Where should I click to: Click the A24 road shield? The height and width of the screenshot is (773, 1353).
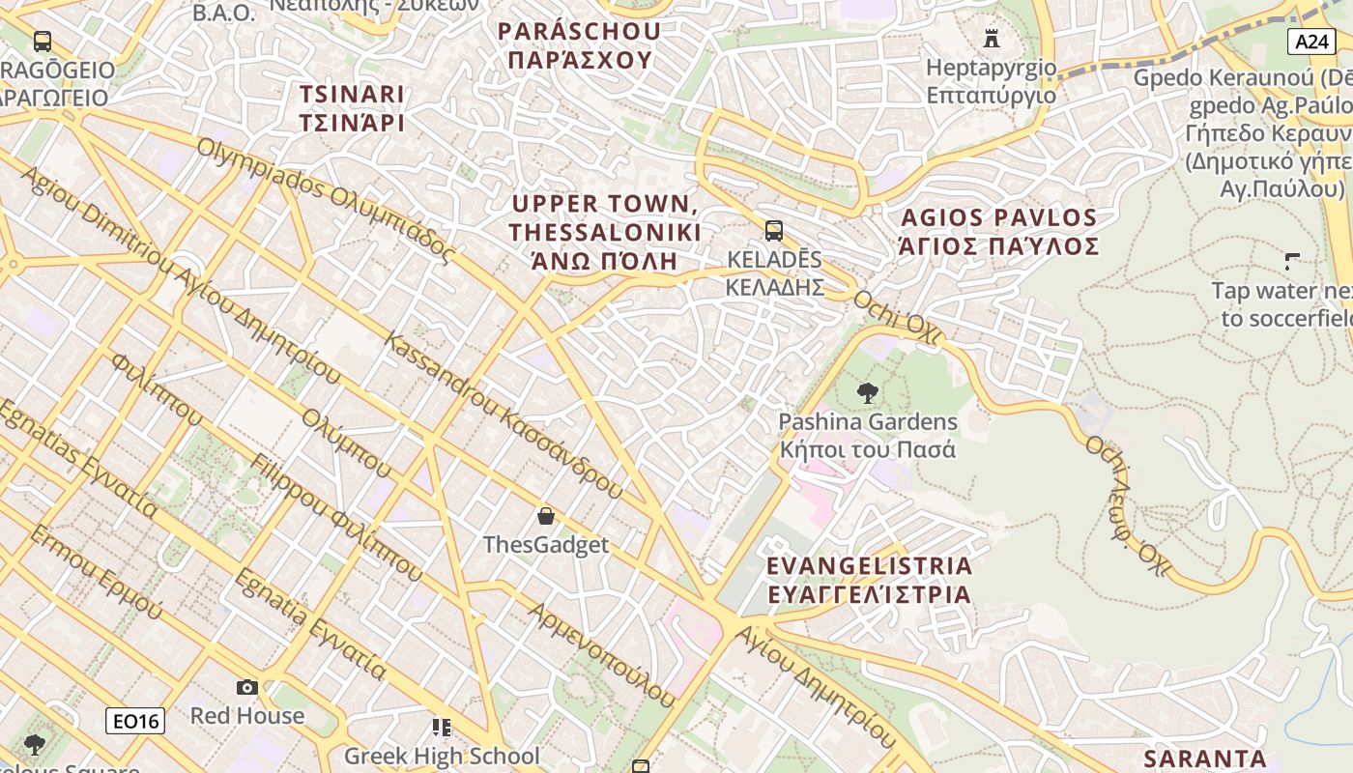coord(1311,41)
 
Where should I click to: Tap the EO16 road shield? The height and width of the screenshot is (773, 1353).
coord(135,720)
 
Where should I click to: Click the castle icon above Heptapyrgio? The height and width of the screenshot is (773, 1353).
coord(991,39)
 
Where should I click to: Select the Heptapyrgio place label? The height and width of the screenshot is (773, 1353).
coord(991,81)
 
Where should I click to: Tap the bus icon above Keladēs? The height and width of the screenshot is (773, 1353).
coord(773,230)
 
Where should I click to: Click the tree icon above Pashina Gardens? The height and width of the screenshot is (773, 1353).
coord(868,392)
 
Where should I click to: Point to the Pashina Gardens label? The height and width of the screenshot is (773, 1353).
coord(868,436)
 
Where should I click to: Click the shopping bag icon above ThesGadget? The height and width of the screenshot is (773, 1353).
coord(546,516)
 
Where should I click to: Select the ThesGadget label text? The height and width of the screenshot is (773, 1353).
coord(546,545)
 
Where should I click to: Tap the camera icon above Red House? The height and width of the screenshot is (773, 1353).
coord(247,687)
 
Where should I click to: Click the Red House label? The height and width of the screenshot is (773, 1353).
coord(247,716)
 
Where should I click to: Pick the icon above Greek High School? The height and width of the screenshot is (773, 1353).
coord(442,727)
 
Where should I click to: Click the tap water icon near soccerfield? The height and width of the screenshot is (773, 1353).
coord(1291,261)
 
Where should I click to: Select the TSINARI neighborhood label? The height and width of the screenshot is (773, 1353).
coord(352,108)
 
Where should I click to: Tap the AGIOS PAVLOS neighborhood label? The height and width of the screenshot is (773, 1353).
coord(999,232)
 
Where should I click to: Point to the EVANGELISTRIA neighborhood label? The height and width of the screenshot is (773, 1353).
coord(869,580)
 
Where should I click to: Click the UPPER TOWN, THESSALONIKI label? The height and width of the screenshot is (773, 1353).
coord(605,233)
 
